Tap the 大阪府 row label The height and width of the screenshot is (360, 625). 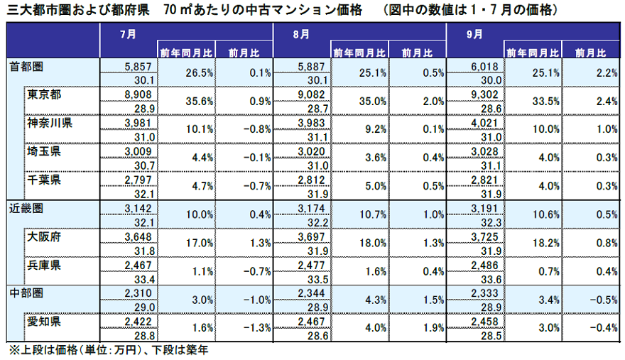tap(45, 236)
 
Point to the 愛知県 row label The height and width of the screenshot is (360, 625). tap(45, 321)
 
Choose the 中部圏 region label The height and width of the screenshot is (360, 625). tap(26, 293)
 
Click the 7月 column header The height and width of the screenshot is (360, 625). tap(129, 33)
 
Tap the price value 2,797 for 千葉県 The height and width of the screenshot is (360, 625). tap(138, 179)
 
